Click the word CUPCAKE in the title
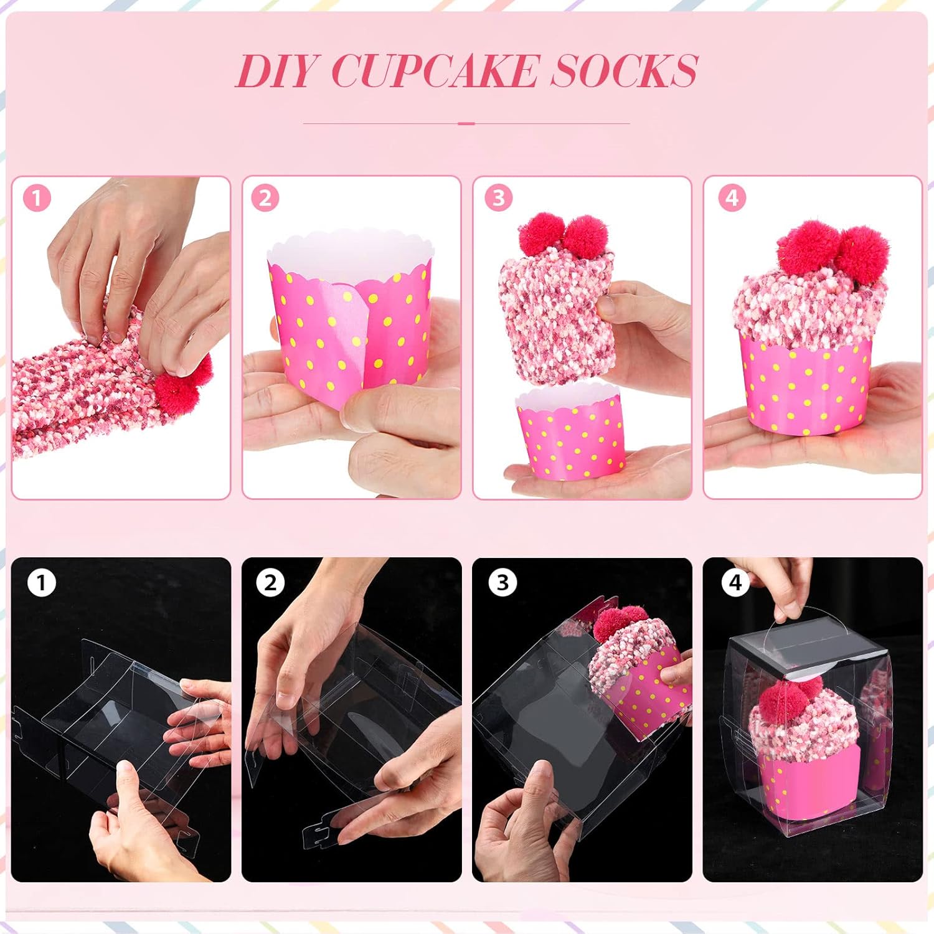433,71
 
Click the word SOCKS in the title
623,71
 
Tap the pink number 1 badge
37,199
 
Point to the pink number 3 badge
498,199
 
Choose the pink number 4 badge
732,199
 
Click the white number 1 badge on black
42,583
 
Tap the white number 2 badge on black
270,583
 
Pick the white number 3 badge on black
502,583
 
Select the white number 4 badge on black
735,583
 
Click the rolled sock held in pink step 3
551,311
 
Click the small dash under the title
466,123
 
